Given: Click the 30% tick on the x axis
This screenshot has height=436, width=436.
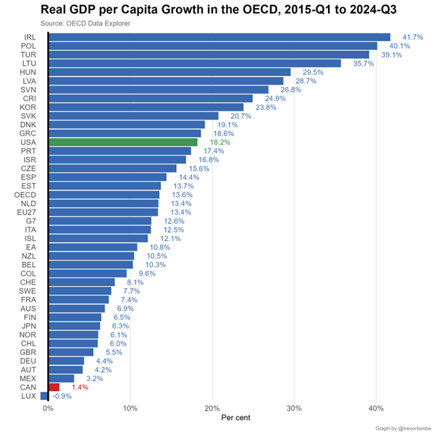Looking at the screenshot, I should [x=294, y=408].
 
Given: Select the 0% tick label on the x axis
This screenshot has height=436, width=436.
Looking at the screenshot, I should [x=48, y=408].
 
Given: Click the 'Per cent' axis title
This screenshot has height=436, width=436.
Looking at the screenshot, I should [x=237, y=418].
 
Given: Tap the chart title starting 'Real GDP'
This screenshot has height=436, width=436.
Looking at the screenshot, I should [x=217, y=10].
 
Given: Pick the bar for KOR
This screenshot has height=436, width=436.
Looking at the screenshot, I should [x=146, y=107].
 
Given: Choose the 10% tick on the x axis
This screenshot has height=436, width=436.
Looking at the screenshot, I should [x=130, y=408].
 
